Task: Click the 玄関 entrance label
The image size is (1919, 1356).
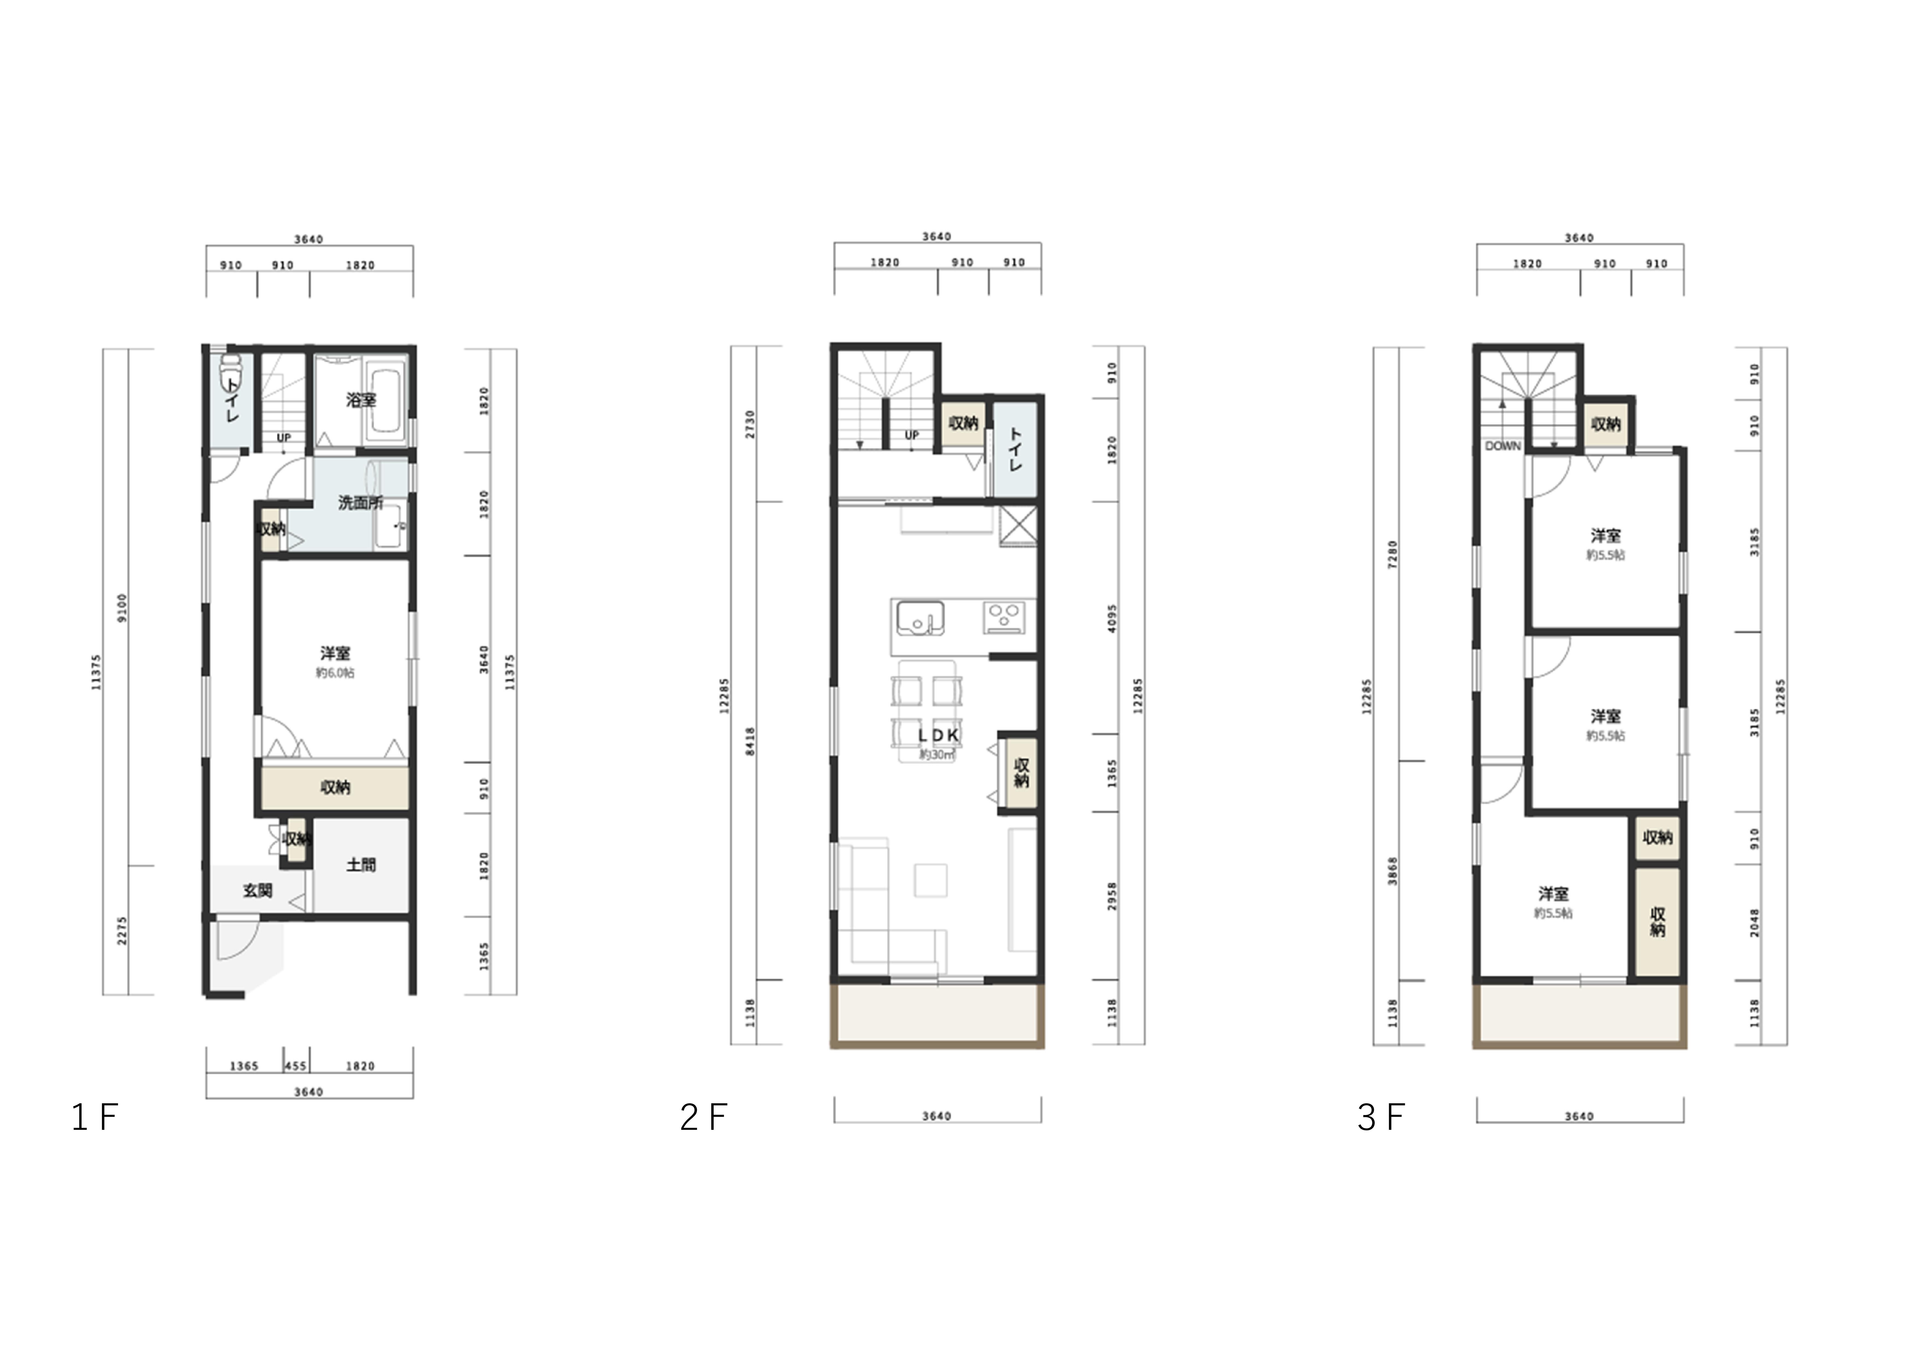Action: coord(257,890)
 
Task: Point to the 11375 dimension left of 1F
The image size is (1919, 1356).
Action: coord(96,671)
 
